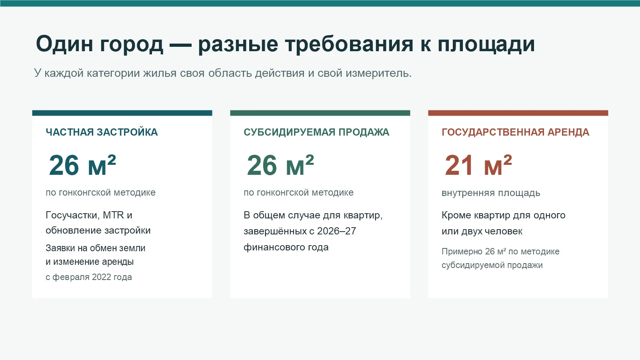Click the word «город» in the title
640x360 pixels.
click(132, 45)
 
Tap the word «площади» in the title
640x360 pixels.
click(486, 45)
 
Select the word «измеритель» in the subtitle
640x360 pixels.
click(378, 74)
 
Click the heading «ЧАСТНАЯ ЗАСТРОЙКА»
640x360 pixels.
click(102, 132)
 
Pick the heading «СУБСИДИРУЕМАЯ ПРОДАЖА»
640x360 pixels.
click(316, 132)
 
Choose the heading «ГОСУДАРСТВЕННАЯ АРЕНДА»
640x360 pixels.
click(516, 132)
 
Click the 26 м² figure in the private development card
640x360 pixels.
click(82, 165)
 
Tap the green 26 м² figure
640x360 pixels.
click(280, 165)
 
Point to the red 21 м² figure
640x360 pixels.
click(478, 165)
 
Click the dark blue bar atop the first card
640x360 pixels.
click(122, 113)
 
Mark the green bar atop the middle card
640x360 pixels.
click(320, 113)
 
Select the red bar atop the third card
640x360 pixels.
click(518, 113)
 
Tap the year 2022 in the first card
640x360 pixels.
click(102, 277)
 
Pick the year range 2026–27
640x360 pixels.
click(336, 231)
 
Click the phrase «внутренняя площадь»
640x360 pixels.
click(491, 193)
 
